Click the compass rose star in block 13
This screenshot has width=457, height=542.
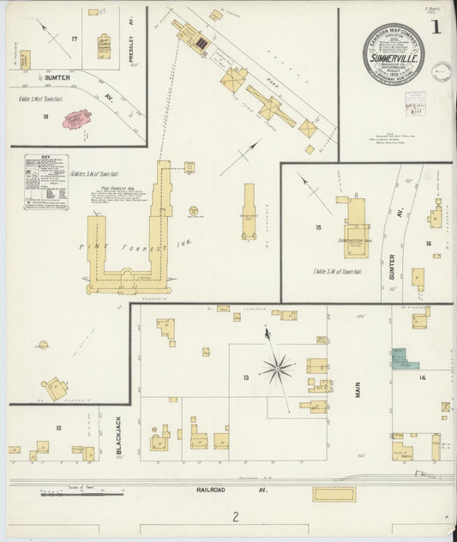click(x=277, y=369)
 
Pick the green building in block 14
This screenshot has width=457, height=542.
click(x=404, y=358)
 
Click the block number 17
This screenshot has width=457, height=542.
click(x=75, y=39)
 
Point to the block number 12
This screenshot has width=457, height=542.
click(x=59, y=427)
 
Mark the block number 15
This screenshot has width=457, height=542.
click(x=318, y=227)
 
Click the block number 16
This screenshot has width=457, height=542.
click(x=428, y=244)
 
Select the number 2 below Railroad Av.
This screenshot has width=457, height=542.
click(x=233, y=516)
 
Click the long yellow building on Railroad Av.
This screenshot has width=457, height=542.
click(x=334, y=495)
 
